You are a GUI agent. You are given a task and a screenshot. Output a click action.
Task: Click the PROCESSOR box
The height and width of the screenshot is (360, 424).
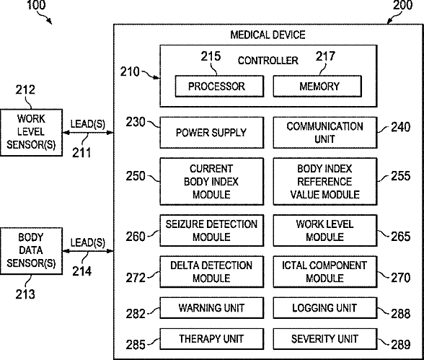coord(219,87)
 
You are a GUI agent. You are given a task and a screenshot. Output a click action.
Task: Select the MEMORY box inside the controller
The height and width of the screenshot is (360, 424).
coord(317,87)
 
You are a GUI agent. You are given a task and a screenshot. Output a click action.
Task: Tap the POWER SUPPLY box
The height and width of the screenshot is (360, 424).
coord(212,133)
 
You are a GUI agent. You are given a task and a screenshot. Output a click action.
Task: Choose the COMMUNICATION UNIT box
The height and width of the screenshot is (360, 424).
coord(325,133)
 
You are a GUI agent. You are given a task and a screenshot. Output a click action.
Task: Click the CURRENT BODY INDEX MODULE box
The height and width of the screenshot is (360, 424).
coord(212,182)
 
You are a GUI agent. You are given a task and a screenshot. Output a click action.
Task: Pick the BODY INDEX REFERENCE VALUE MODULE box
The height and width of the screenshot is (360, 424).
coord(325,182)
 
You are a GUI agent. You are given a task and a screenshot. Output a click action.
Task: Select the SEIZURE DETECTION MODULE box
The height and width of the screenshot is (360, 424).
coord(212,230)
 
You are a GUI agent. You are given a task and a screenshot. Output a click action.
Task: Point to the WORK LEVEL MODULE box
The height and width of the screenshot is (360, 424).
coord(325,230)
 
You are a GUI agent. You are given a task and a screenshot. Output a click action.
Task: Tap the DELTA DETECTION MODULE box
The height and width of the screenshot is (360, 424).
coord(212,271)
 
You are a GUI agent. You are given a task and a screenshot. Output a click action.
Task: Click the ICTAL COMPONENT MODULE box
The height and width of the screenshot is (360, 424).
coord(325,271)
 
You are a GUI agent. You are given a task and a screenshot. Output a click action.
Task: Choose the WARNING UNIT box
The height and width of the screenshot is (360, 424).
coord(212,308)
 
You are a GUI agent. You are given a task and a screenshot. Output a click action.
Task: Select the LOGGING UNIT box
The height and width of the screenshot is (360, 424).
coord(325,308)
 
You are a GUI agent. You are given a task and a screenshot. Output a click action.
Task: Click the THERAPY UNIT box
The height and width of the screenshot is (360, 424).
coord(212,338)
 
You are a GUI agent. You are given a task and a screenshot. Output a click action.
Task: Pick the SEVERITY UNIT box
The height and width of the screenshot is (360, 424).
coord(325,338)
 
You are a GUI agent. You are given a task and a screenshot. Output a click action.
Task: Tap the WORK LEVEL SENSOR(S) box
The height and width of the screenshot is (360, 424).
coord(32,133)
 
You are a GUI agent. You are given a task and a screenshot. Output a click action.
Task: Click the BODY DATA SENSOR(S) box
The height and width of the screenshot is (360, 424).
coord(32,251)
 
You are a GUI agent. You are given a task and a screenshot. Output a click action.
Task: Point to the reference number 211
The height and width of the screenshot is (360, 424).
coord(81,153)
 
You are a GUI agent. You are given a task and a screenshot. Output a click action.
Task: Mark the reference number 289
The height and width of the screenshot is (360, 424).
coord(401,345)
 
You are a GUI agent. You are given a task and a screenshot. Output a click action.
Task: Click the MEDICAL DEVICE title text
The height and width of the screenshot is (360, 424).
coord(268,35)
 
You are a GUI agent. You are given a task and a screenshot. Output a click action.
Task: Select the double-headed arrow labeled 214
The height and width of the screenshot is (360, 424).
coord(88,251)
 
